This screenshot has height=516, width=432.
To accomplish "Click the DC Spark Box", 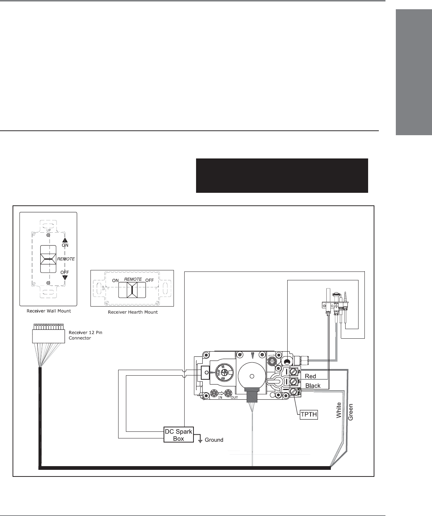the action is [179, 435].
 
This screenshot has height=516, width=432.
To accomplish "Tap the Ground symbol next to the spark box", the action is [200, 441].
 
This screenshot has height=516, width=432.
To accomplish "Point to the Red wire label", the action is [311, 376].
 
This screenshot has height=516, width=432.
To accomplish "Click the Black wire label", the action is [313, 386].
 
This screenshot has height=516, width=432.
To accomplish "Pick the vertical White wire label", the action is [339, 411].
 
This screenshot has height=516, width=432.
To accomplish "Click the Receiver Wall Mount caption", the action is [49, 311].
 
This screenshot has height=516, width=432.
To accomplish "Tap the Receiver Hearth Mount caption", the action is [133, 312].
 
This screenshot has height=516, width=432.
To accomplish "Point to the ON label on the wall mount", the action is [65, 245].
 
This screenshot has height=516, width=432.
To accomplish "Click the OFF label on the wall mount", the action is [65, 272].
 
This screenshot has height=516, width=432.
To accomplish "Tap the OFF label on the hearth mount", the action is [150, 280].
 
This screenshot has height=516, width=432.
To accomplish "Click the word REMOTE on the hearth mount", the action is [133, 279].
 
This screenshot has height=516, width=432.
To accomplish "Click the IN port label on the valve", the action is [220, 398].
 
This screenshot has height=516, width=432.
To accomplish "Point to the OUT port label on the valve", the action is [234, 398].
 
